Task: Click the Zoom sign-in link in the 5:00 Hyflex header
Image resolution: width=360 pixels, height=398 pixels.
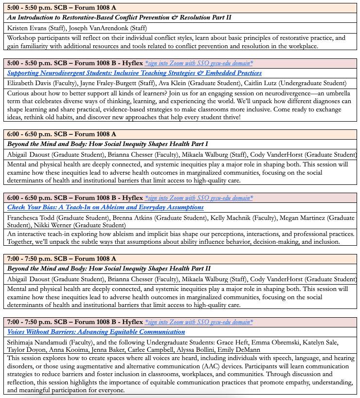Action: coord(199,63)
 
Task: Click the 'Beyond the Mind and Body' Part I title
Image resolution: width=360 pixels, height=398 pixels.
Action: coord(108,144)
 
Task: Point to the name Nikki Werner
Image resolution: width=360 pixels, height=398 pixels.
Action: coord(51,225)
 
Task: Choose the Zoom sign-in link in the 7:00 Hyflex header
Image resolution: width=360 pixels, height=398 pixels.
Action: coord(199,322)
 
